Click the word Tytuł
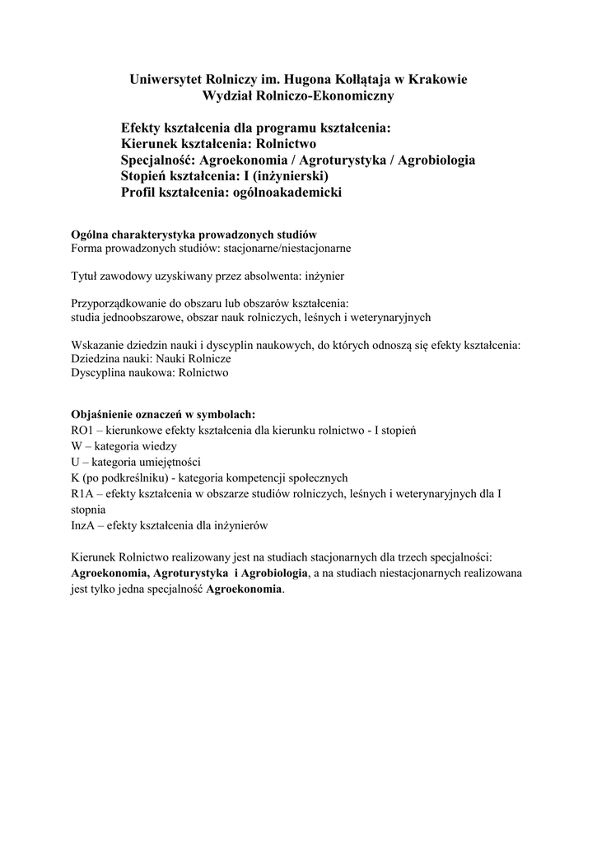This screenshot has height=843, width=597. [x=86, y=277]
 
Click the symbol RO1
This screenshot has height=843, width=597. [x=83, y=430]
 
